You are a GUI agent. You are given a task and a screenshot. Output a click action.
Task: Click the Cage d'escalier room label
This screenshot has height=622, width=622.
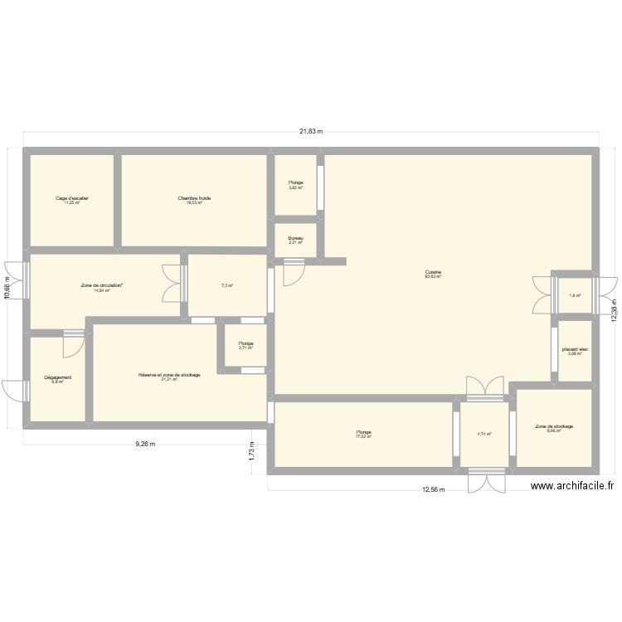click(72, 198)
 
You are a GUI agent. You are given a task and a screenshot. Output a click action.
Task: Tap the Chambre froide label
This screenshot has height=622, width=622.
click(194, 198)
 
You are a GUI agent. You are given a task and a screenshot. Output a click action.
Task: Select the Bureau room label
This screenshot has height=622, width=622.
click(296, 239)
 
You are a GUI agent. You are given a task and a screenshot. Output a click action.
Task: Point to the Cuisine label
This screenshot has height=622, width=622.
click(433, 271)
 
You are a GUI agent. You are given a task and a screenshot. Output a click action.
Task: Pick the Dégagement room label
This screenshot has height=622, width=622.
click(58, 377)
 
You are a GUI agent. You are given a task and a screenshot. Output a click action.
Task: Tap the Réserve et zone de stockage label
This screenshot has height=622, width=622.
click(169, 375)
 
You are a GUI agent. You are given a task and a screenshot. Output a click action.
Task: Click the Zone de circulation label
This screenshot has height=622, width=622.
click(102, 286)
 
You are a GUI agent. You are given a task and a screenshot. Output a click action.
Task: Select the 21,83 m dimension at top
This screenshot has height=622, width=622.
click(311, 131)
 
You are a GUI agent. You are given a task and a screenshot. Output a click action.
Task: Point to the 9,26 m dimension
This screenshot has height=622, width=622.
click(145, 444)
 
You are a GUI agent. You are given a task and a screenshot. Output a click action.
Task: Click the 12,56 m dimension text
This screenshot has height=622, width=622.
click(434, 489)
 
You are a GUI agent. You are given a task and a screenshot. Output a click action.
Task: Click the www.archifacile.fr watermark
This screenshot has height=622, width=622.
click(571, 488)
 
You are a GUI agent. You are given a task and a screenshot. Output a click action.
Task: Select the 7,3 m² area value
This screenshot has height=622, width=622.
click(226, 286)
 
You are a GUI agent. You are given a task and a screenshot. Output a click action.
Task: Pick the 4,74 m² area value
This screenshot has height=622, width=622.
click(484, 434)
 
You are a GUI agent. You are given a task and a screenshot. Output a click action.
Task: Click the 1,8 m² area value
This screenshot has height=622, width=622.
click(575, 295)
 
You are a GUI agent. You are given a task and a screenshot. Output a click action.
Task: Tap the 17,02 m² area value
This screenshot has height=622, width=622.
click(363, 436)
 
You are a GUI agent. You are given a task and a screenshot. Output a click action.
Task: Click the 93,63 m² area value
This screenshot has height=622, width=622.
click(433, 276)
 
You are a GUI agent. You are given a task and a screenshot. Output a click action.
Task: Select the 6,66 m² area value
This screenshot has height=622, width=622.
click(555, 430)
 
